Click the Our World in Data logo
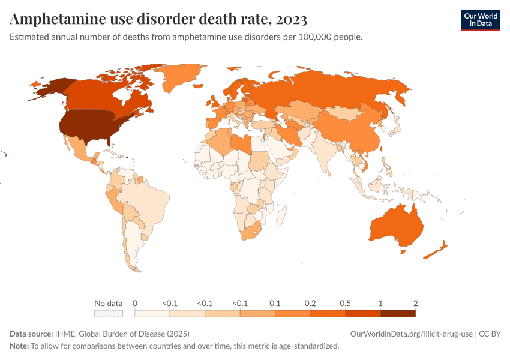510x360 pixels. tap(480, 20)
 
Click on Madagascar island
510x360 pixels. tap(280, 213)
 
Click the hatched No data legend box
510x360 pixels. tap(109, 313)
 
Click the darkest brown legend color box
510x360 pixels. tap(398, 313)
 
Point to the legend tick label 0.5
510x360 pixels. tap(346, 303)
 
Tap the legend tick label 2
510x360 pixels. tap(415, 303)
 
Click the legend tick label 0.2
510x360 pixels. tap(310, 303)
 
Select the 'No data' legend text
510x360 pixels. tap(109, 303)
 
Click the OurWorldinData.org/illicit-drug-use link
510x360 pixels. tap(412, 334)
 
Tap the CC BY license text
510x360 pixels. tap(490, 334)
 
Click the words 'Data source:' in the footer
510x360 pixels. tap(31, 334)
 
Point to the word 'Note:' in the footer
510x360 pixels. tap(19, 346)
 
